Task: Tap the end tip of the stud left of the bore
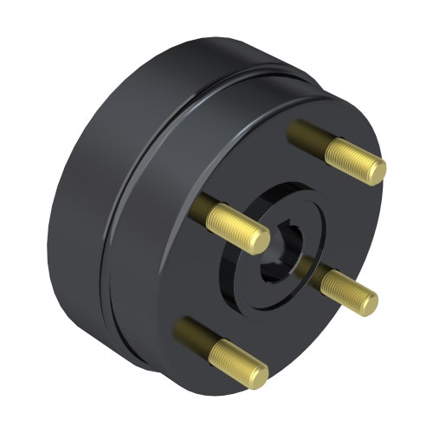259,241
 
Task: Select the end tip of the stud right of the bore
368,303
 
